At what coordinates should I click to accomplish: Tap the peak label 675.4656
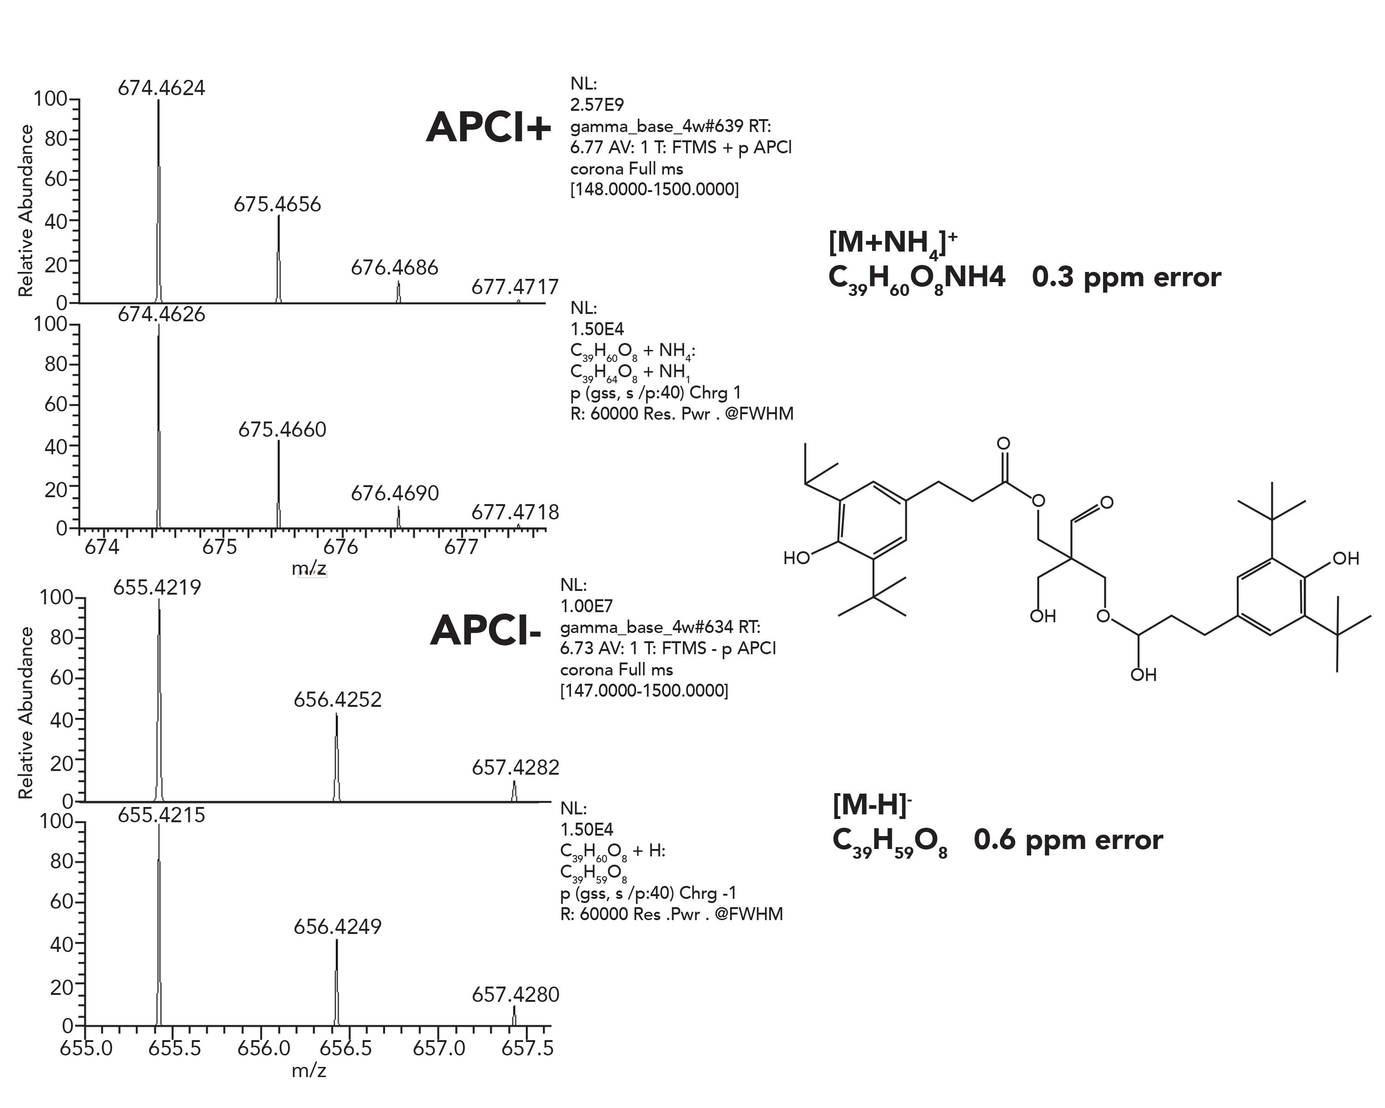(277, 204)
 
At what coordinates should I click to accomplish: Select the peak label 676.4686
(394, 267)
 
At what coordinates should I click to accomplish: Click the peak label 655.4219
(157, 587)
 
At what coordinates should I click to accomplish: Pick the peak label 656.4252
(337, 699)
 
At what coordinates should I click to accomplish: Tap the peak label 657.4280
(515, 994)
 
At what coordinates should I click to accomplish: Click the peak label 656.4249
(337, 926)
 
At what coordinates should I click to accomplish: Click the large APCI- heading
(486, 630)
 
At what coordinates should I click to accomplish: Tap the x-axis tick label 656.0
(264, 1048)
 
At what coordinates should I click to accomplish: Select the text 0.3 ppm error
(1126, 277)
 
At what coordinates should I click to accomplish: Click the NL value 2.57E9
(597, 105)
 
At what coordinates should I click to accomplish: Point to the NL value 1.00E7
(586, 606)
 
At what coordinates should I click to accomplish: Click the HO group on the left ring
(796, 558)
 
